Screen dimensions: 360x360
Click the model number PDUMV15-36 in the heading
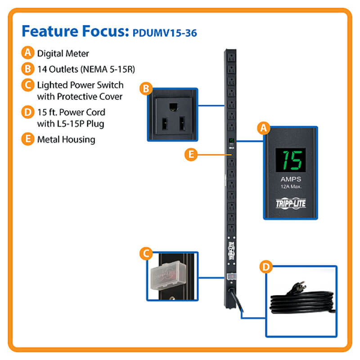[x=165, y=33]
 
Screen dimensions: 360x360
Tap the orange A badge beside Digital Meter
[x=28, y=53]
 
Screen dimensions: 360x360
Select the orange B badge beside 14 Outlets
[x=28, y=69]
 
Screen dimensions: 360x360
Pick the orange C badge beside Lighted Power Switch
[x=28, y=85]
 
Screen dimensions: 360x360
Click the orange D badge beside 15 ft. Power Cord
[x=28, y=112]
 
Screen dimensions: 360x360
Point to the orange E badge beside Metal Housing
[x=28, y=139]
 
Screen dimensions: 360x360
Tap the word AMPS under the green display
[x=291, y=179]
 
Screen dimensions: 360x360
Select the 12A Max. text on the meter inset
[x=291, y=186]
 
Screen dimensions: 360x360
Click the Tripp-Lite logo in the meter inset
[x=291, y=203]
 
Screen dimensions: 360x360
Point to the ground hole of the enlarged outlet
[x=173, y=107]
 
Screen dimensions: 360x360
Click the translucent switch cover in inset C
[x=168, y=275]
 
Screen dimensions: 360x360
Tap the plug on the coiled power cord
[x=297, y=288]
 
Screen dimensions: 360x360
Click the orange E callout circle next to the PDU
[x=191, y=154]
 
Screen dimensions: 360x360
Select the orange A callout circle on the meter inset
[x=264, y=128]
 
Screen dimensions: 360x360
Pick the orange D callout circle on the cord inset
[x=266, y=267]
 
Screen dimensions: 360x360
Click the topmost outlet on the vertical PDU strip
[x=231, y=57]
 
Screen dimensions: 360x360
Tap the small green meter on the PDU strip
[x=231, y=140]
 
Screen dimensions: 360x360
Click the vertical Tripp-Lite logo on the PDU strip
[x=232, y=251]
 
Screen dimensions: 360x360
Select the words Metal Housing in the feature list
[x=66, y=139]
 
